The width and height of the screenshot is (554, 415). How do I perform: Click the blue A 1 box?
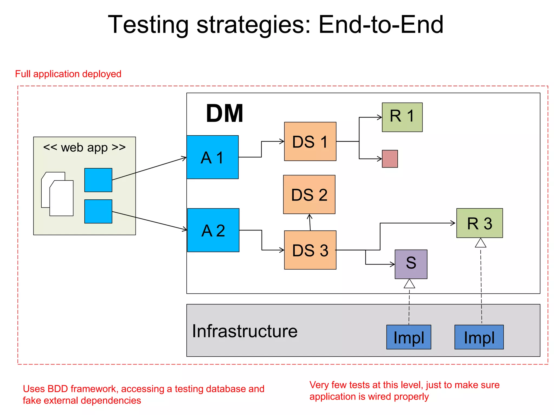point(212,157)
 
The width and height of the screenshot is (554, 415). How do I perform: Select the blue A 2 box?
point(213,230)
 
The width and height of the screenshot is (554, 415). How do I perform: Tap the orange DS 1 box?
point(310,141)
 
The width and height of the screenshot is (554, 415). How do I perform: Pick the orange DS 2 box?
point(309,194)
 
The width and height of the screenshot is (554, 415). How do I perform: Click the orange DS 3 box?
point(310,250)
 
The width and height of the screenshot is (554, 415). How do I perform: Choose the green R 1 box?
point(402,117)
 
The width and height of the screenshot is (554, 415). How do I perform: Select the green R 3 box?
point(479,223)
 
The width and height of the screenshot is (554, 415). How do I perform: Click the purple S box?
point(411,264)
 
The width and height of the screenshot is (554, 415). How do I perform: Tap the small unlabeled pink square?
point(390,159)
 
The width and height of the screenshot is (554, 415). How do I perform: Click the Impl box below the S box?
point(408,337)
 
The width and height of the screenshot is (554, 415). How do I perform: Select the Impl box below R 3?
point(479,337)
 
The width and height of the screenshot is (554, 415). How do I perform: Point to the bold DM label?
point(225,113)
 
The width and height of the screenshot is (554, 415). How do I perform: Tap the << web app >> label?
point(84,148)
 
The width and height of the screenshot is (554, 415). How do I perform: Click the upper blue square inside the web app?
point(98,180)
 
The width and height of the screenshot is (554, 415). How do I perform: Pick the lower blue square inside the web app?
point(98,211)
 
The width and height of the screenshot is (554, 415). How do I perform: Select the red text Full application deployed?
point(68,74)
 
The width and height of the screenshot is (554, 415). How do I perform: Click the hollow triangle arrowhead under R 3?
point(481,243)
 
